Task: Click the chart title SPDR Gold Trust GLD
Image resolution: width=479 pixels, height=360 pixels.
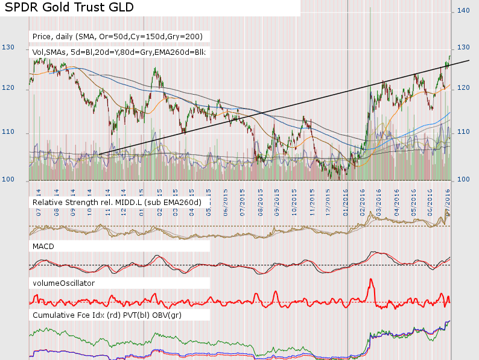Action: [x=69, y=8]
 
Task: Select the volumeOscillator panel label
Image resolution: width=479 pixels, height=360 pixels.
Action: [x=63, y=282]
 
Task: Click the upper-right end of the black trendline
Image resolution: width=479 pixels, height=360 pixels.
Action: [x=468, y=60]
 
